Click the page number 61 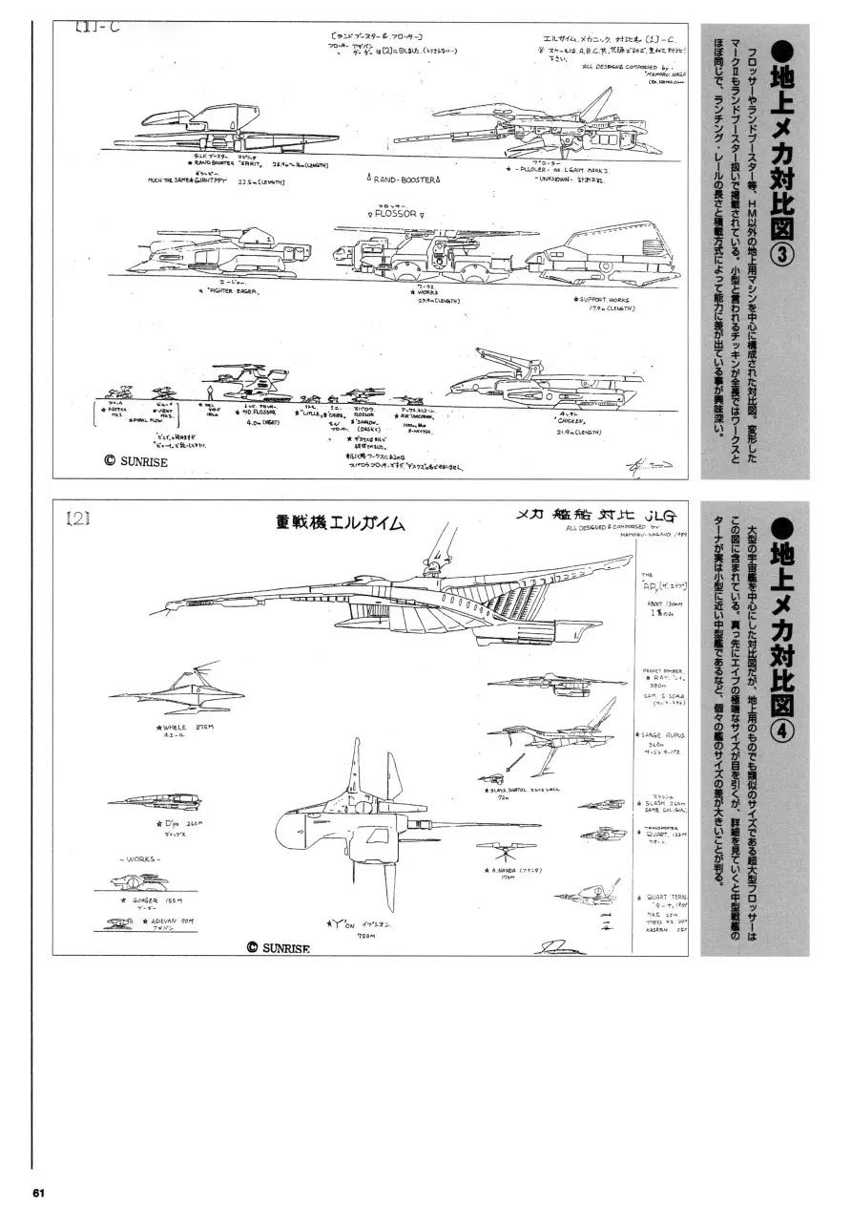[x=39, y=1193]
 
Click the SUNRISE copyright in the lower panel [x=284, y=946]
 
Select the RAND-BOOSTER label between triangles [x=405, y=179]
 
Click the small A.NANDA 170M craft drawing [x=503, y=849]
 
